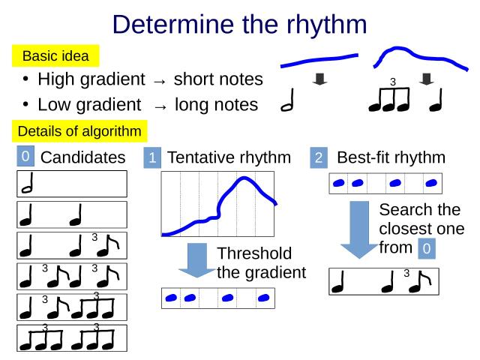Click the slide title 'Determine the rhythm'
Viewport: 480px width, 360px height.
(239, 24)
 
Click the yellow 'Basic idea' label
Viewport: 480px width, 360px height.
(55, 55)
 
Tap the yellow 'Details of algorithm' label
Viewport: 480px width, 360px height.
(79, 131)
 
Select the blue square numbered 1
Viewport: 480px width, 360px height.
(152, 158)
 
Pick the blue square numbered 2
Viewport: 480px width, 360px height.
(319, 158)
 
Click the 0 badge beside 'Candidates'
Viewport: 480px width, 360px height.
(25, 156)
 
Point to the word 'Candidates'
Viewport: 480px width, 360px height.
(82, 157)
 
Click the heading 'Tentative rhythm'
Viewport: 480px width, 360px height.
(229, 157)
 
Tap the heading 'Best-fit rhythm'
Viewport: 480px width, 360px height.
(391, 157)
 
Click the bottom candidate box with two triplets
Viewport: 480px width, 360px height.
(73, 338)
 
